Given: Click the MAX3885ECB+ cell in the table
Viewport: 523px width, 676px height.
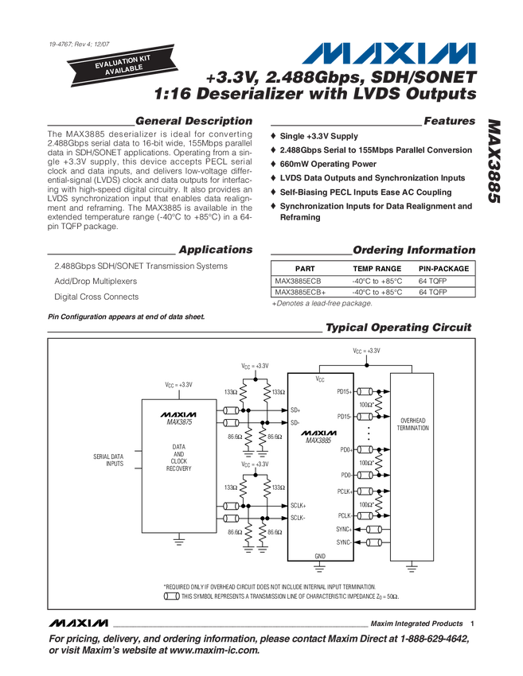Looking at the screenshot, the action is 299,292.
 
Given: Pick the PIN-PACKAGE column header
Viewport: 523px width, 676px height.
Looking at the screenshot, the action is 444,269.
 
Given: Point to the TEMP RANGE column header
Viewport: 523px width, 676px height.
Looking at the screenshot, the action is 377,269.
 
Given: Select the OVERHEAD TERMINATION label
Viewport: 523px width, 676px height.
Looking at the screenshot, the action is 413,424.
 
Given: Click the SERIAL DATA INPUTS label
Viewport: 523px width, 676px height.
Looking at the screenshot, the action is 109,460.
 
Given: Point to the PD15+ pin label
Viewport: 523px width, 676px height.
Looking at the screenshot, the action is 345,391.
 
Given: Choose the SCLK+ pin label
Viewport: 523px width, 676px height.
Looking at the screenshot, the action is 299,505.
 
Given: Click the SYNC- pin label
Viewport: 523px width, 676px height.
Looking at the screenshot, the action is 344,542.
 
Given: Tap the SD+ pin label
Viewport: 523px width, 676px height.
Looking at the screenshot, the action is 295,410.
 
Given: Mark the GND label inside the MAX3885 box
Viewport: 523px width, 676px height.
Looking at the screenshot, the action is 320,556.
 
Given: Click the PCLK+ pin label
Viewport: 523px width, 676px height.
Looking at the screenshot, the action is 344,491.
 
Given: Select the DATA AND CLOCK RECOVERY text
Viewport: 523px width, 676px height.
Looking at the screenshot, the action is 179,458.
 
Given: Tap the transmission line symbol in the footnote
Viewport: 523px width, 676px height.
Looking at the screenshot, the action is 171,596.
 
